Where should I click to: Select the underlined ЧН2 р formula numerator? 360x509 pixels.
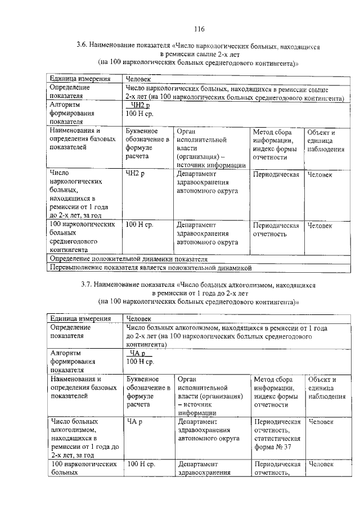(139, 105)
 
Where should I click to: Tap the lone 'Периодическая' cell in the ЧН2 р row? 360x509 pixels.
(276, 175)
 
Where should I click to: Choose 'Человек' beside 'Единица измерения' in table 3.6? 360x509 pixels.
(139, 80)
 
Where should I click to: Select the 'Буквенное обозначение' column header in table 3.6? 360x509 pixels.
(147, 144)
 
